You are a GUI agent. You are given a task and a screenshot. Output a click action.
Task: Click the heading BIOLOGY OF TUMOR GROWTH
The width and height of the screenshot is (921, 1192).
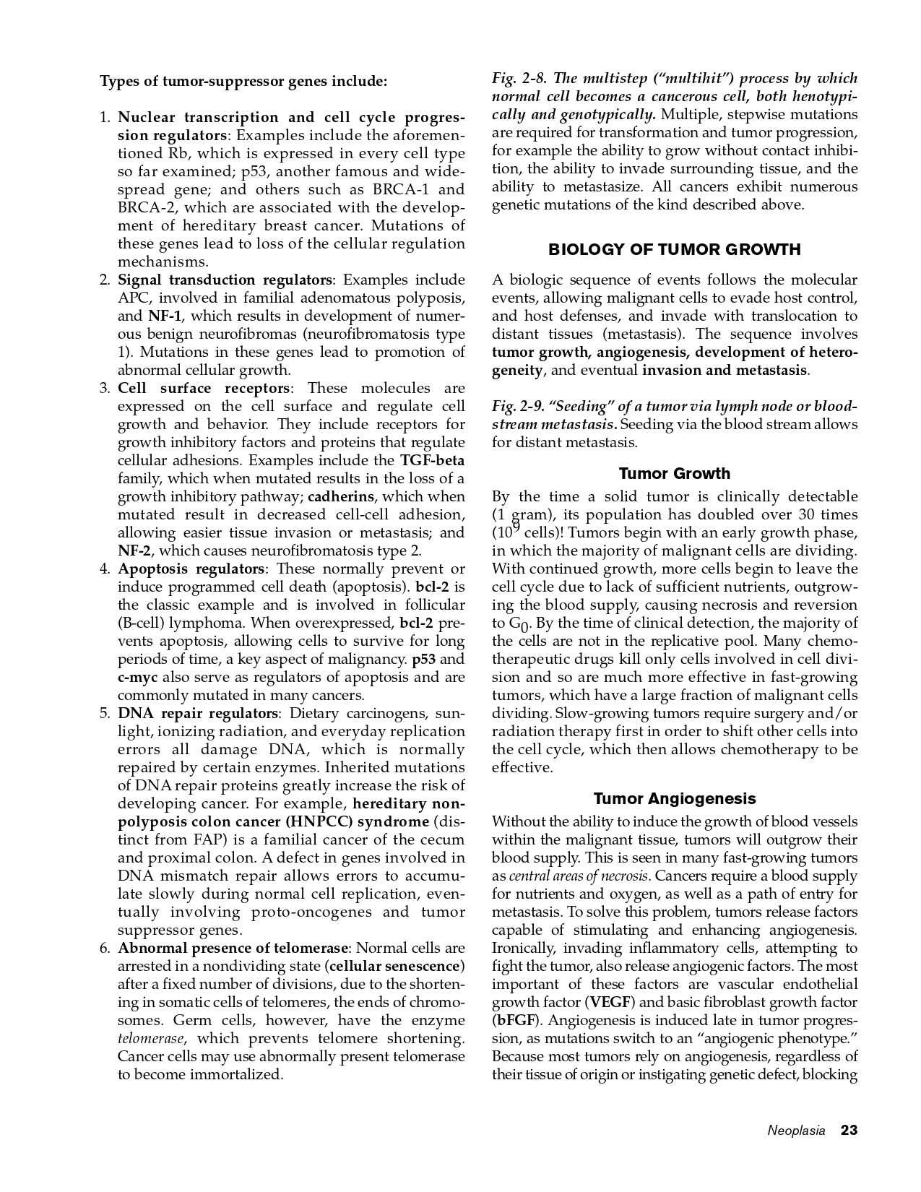[x=675, y=250]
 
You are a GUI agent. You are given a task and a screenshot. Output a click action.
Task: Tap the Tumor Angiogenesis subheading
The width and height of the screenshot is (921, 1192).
[x=675, y=798]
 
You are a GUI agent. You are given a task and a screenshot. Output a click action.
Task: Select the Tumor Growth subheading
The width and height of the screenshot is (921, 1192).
[x=675, y=474]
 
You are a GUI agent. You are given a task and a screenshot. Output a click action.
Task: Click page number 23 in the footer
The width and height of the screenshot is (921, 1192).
[x=849, y=1130]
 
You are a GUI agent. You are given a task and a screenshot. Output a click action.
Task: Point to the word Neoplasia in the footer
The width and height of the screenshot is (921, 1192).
[x=796, y=1131]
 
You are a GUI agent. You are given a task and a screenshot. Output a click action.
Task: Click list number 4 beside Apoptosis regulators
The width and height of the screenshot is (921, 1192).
[x=105, y=569]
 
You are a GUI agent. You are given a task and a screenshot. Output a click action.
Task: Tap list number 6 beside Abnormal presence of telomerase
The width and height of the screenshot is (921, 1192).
[x=105, y=949]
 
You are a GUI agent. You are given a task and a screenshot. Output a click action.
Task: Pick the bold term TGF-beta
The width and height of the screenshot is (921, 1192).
[x=432, y=461]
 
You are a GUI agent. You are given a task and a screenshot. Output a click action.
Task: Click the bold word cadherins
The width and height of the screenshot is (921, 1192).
[x=341, y=497]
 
